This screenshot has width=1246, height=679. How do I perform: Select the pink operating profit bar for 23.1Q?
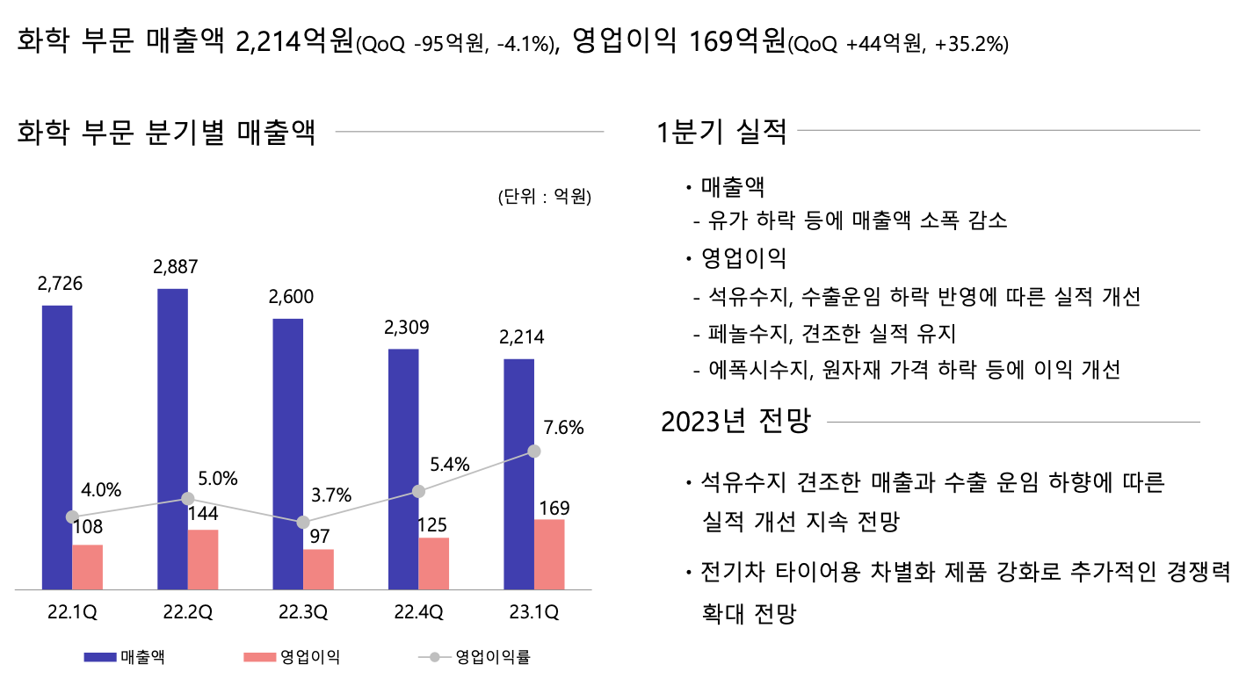(549, 554)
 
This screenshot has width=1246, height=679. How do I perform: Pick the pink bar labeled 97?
(318, 569)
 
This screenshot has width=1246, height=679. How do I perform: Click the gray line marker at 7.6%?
(533, 451)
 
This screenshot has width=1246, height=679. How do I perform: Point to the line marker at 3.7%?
(303, 522)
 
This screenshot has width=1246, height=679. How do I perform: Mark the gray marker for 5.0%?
(187, 498)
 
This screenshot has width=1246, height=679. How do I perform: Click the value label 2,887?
(175, 267)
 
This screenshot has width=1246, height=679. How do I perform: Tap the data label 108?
(87, 527)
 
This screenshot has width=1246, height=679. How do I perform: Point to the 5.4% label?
(450, 465)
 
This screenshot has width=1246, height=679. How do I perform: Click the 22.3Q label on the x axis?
(303, 612)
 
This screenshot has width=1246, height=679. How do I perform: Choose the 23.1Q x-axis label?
(534, 612)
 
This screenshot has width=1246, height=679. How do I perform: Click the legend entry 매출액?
(144, 657)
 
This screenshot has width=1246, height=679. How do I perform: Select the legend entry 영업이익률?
(492, 657)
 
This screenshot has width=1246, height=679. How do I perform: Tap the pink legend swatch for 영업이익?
(258, 657)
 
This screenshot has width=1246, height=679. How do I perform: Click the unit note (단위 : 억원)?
(544, 197)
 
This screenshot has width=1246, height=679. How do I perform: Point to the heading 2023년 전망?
(735, 422)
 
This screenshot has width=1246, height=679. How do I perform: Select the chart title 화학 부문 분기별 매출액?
(166, 134)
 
